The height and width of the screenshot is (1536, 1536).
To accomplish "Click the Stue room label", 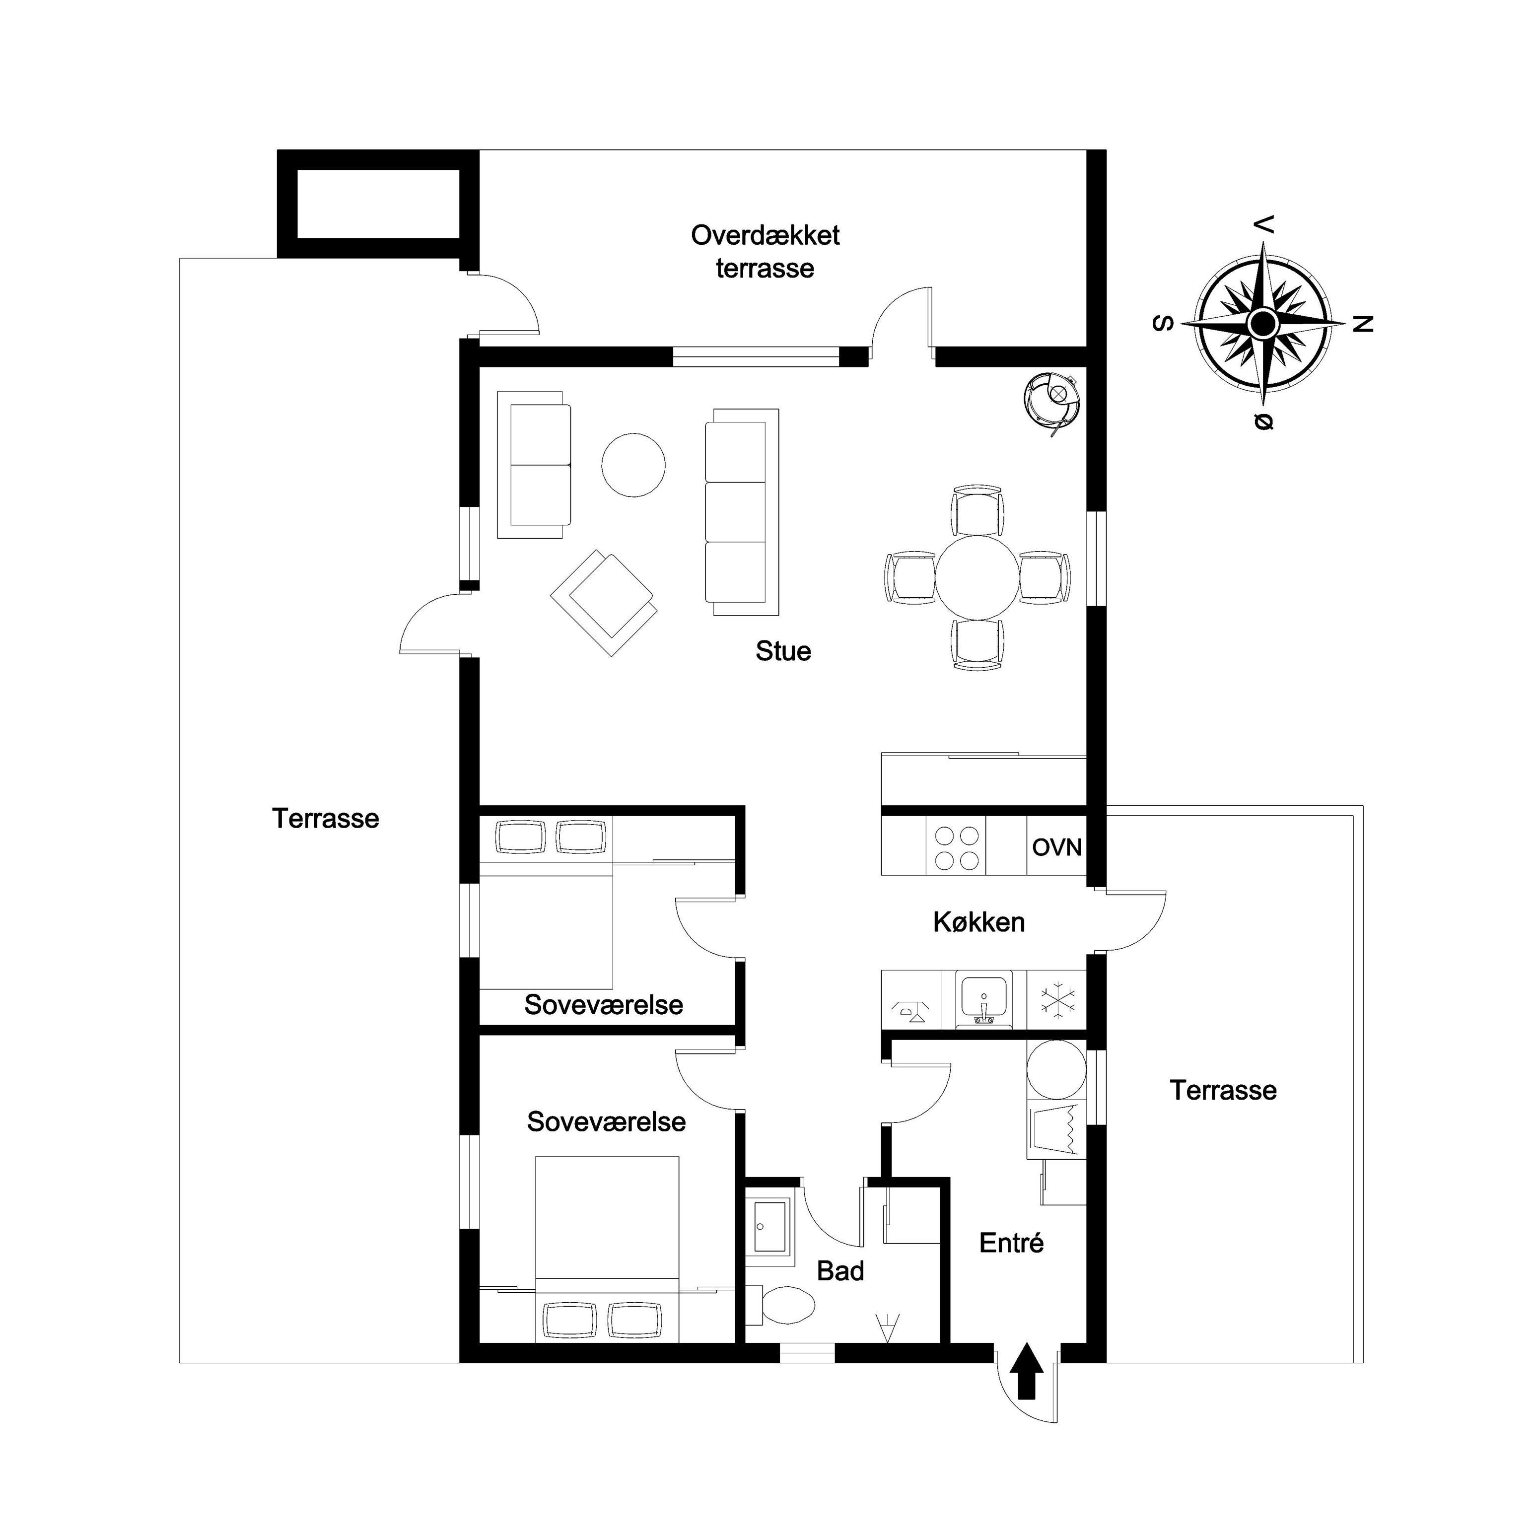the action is coord(783,651).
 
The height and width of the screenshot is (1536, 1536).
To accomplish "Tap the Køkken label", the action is coord(978,922).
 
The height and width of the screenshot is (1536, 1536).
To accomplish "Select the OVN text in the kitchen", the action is coord(1056,847).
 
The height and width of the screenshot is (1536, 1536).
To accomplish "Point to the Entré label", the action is coord(1011,1243).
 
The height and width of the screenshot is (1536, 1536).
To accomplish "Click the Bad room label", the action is coord(840,1271).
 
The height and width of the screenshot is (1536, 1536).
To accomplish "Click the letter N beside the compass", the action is coord(1363,324).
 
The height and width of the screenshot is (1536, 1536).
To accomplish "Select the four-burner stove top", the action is coord(957,847).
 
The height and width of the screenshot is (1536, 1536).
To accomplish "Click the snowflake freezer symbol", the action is coord(1056,1001).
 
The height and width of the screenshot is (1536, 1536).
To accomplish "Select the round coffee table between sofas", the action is coord(633,465).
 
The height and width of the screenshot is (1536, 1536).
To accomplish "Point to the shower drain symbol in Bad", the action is coord(887,1327).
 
